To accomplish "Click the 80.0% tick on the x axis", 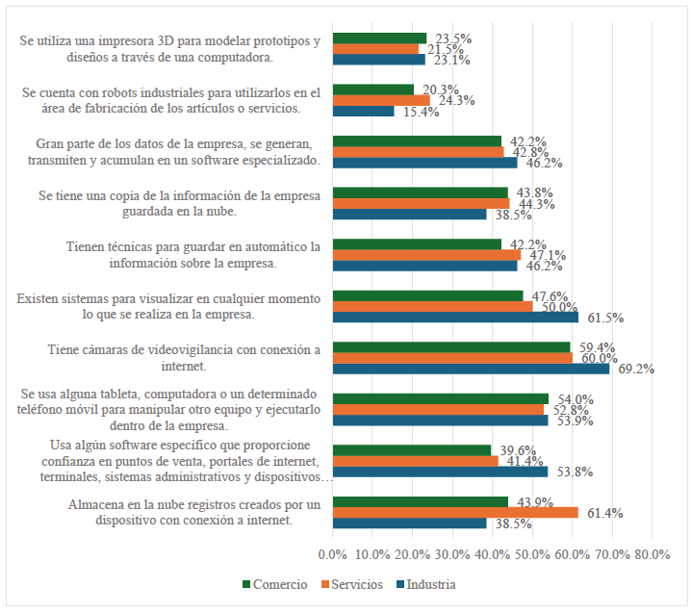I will pos(653,555).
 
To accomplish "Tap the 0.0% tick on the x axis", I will pos(332,555).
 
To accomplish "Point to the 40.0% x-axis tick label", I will pos(493,555).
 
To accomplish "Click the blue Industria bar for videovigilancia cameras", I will pos(471,369).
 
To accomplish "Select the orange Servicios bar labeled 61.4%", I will pos(455,512).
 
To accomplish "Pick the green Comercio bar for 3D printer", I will pos(379,38).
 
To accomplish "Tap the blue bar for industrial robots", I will pos(363,111).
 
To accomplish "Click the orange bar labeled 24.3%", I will pos(381,100).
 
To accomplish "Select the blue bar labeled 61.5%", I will pos(455,317).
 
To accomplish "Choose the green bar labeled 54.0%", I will pos(440,398).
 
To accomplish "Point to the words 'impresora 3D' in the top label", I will pos(135,41).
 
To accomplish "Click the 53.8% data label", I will pos(572,472).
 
